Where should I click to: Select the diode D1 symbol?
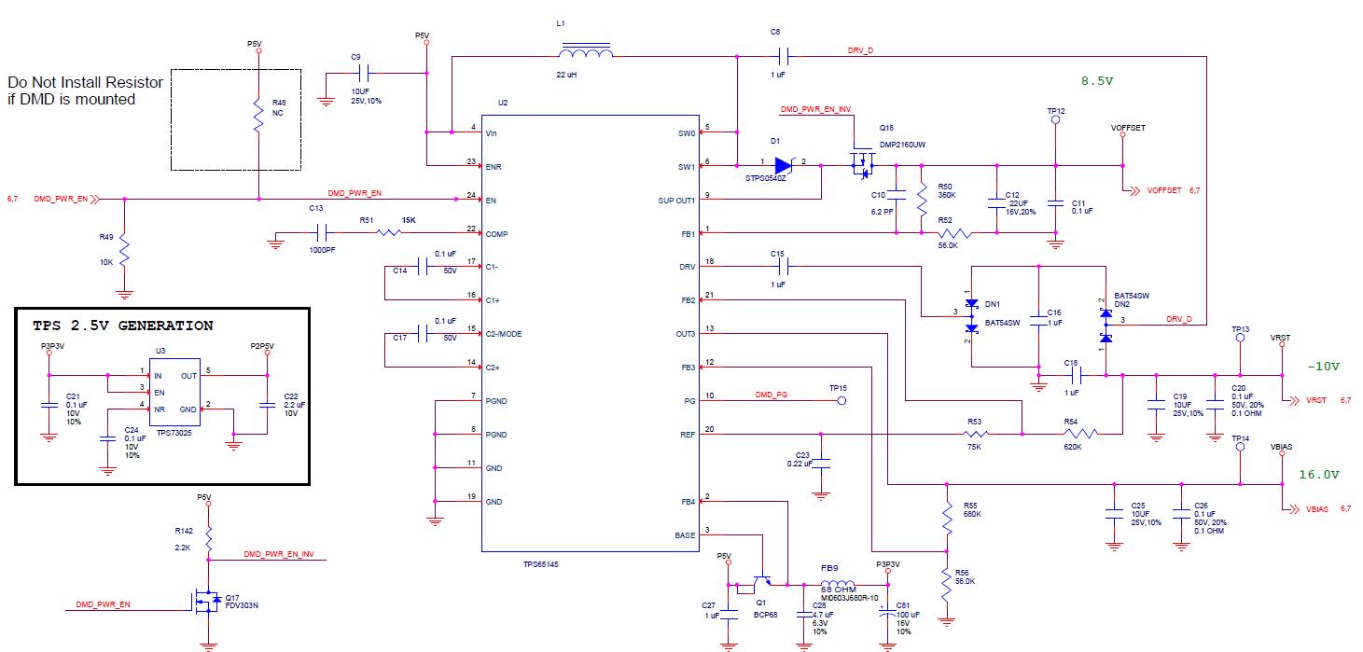click(784, 166)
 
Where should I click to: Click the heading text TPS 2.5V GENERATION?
click(122, 326)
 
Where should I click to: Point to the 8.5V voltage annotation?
click(1097, 81)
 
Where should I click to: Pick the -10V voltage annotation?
click(1323, 367)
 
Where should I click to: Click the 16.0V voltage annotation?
click(1319, 475)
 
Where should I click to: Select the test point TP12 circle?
click(1055, 119)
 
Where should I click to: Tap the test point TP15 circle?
click(841, 401)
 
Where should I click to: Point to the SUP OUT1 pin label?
click(676, 200)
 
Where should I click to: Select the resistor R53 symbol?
click(976, 434)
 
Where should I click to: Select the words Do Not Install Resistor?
click(85, 82)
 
